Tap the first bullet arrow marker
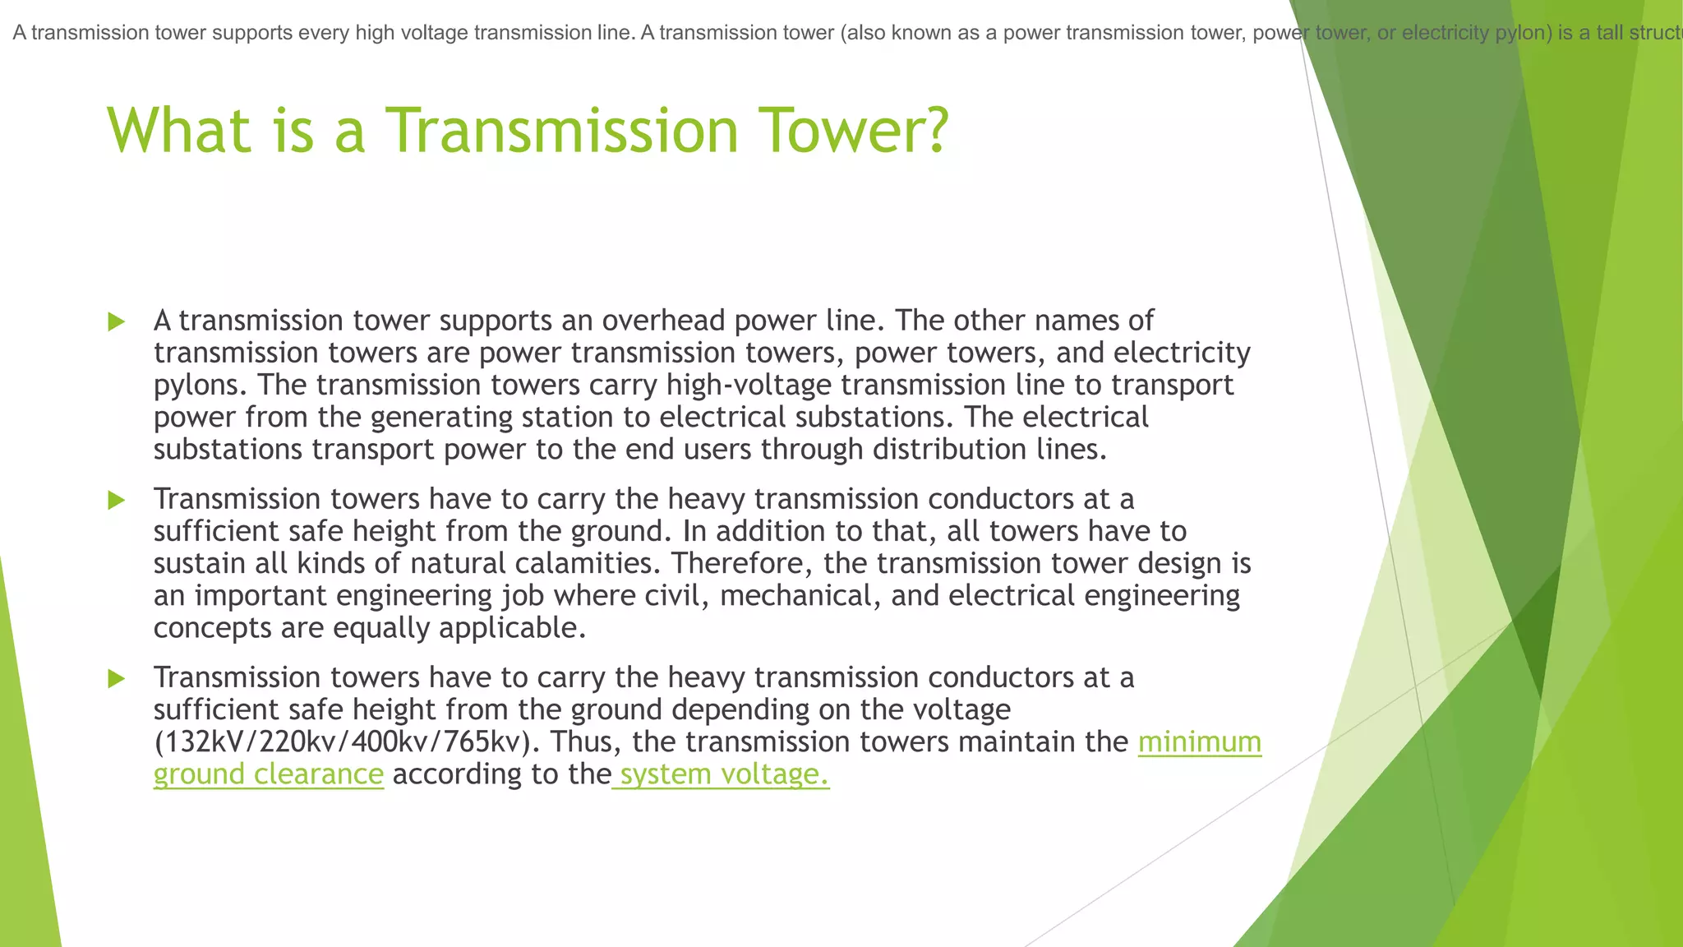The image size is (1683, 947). (x=117, y=321)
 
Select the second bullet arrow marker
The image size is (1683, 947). (x=117, y=500)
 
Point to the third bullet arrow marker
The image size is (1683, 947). (x=117, y=678)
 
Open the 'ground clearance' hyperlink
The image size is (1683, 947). (x=269, y=774)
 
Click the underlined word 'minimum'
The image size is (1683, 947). (x=1199, y=742)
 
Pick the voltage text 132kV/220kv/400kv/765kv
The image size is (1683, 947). (x=347, y=742)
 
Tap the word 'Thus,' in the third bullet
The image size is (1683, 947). (x=587, y=742)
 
